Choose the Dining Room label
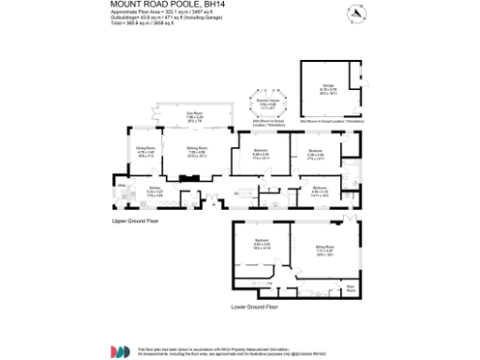pos(145,151)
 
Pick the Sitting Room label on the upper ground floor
pos(196,151)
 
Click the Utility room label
pos(121,187)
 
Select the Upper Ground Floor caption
pos(135,220)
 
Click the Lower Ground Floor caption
pos(255,306)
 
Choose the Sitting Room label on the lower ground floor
pos(324,248)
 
